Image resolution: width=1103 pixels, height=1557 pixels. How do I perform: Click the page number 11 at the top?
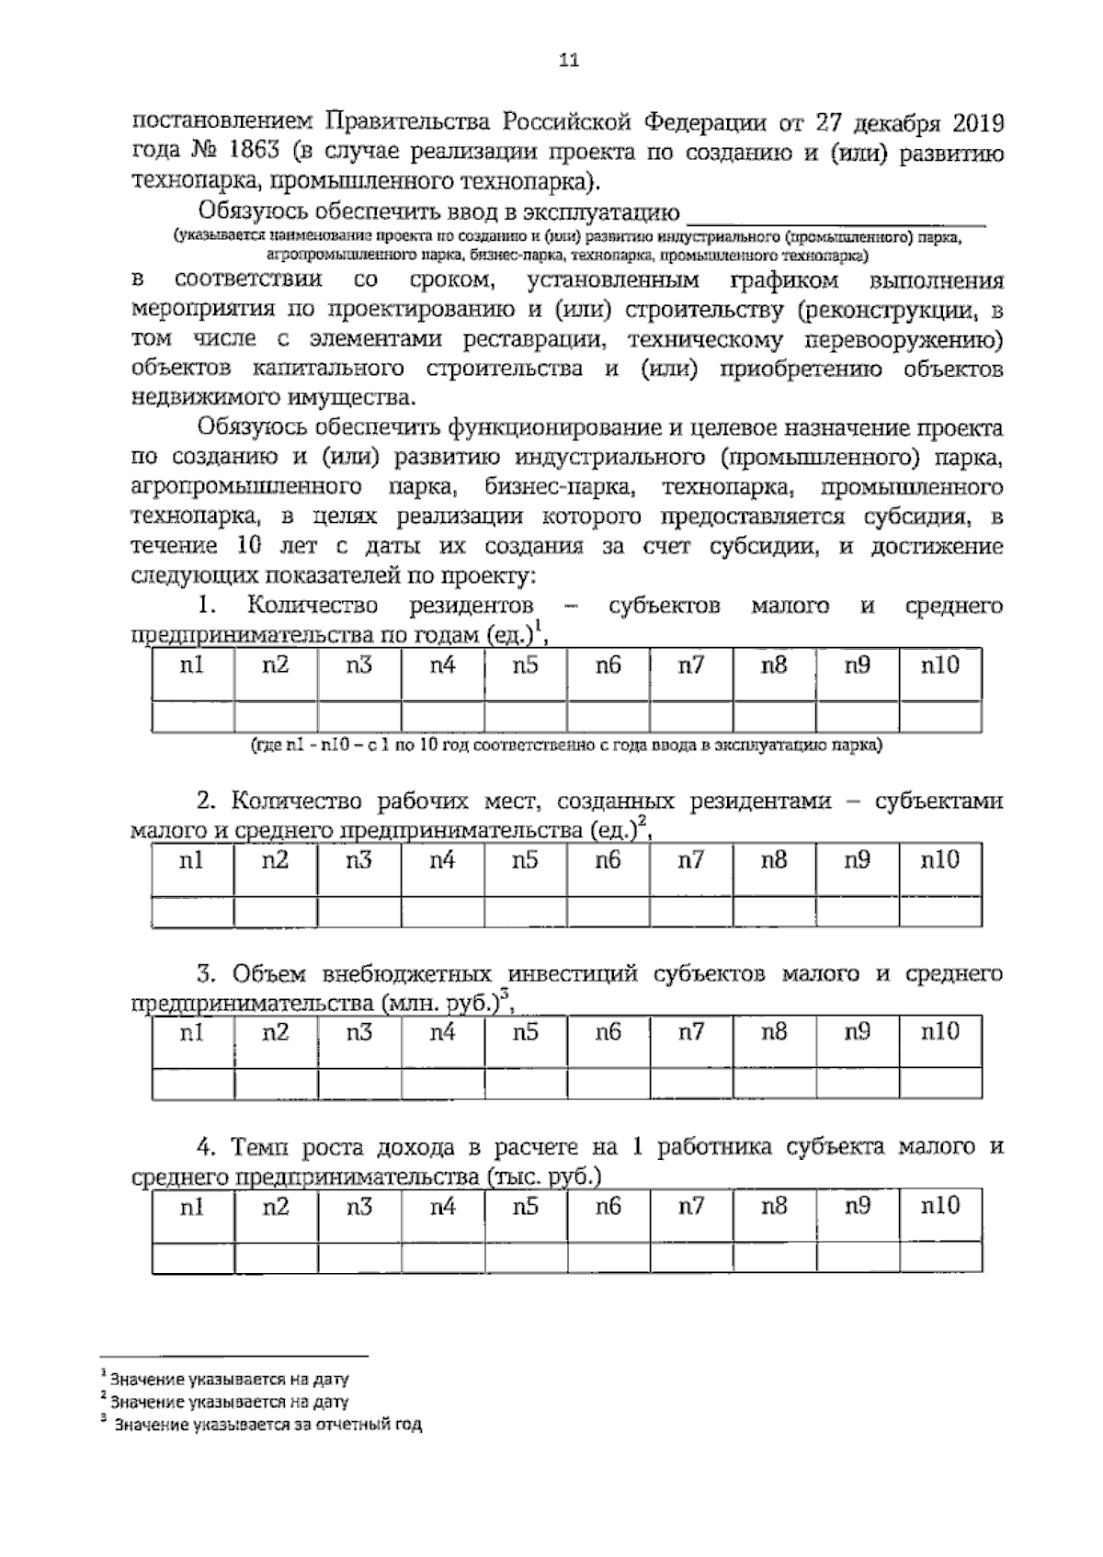pos(568,62)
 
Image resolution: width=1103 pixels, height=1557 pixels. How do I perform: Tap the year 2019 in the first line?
pos(972,123)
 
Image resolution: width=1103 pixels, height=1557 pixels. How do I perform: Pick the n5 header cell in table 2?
pos(525,861)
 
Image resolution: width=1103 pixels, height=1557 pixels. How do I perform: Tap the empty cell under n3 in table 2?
pos(358,911)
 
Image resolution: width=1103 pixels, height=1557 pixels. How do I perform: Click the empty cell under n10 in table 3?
pos(939,1084)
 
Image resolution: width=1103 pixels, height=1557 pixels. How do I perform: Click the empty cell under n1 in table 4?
pos(192,1256)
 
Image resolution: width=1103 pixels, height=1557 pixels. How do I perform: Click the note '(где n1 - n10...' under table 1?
pos(566,745)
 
